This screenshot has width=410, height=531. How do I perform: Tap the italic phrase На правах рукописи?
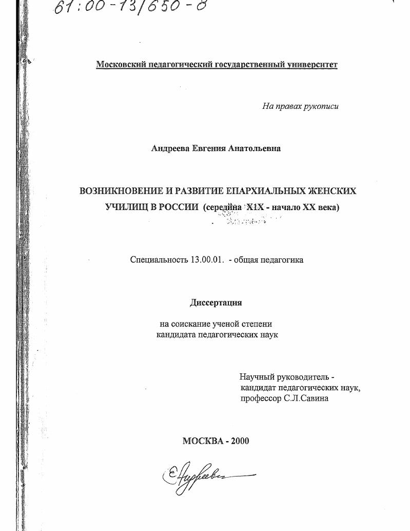tap(300, 106)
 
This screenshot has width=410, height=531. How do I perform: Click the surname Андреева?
tap(170, 148)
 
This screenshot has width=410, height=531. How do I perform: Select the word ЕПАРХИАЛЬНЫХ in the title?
tap(255, 191)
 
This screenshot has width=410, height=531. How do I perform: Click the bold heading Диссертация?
tap(216, 302)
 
